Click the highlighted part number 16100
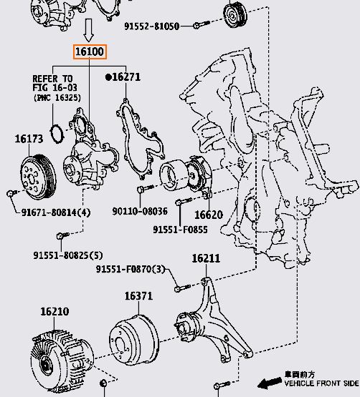pos(90,52)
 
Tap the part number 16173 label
pos(29,139)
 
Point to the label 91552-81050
pos(152,26)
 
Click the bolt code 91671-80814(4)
pos(56,212)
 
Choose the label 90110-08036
pos(140,211)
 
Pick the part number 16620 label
pos(209,215)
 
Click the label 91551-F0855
pos(180,230)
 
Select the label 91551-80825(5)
pos(68,255)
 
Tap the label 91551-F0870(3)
pos(131,269)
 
